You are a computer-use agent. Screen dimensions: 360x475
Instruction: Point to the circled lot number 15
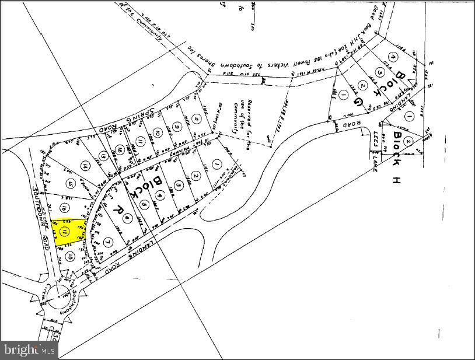pos(71,184)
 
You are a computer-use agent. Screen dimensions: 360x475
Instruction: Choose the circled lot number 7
pos(107,242)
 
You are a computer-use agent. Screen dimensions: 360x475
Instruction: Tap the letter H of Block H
pos(397,180)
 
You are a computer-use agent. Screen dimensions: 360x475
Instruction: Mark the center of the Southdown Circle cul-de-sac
pos(60,298)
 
